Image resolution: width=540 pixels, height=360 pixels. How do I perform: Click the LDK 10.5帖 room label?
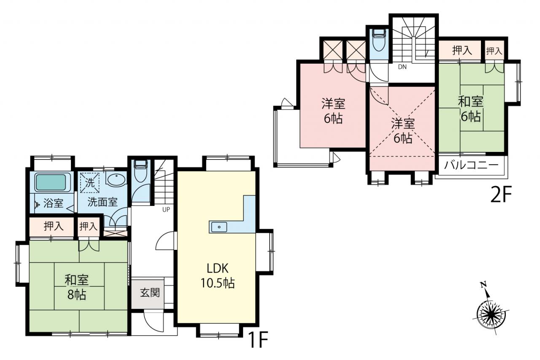217,276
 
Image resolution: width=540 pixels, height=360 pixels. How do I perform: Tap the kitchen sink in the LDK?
219,227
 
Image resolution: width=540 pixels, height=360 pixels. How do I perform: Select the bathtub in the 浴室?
51,182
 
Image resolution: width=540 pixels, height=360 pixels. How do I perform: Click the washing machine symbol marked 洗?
90,183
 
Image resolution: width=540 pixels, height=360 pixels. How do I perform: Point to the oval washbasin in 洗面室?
116,180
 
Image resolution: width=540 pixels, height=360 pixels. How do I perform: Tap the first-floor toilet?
141,171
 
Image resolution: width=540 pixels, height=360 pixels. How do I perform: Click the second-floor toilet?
379,41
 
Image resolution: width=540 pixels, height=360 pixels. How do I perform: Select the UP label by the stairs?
166,209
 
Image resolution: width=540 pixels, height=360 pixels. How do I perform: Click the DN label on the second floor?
402,67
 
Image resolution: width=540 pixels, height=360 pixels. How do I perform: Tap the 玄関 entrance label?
150,293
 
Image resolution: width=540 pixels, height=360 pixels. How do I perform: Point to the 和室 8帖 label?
77,287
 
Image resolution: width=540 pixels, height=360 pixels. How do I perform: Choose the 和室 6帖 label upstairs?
470,109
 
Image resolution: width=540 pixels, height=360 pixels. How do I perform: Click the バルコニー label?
471,165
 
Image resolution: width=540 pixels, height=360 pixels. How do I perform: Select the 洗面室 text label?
103,202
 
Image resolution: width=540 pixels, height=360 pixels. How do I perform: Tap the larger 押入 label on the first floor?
54,226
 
